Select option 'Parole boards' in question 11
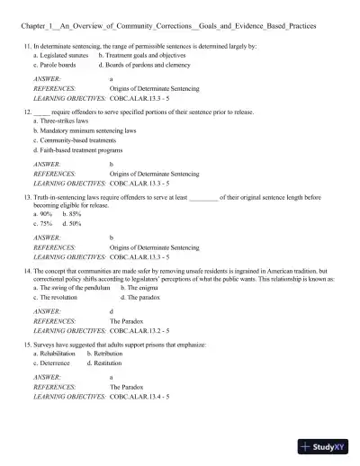[x=55, y=65]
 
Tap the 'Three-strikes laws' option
[x=62, y=121]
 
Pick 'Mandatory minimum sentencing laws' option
[x=84, y=130]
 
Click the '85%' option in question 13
[x=71, y=213]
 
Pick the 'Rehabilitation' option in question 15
[x=58, y=354]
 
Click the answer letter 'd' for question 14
[x=111, y=310]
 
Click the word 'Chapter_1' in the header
[x=37, y=27]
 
